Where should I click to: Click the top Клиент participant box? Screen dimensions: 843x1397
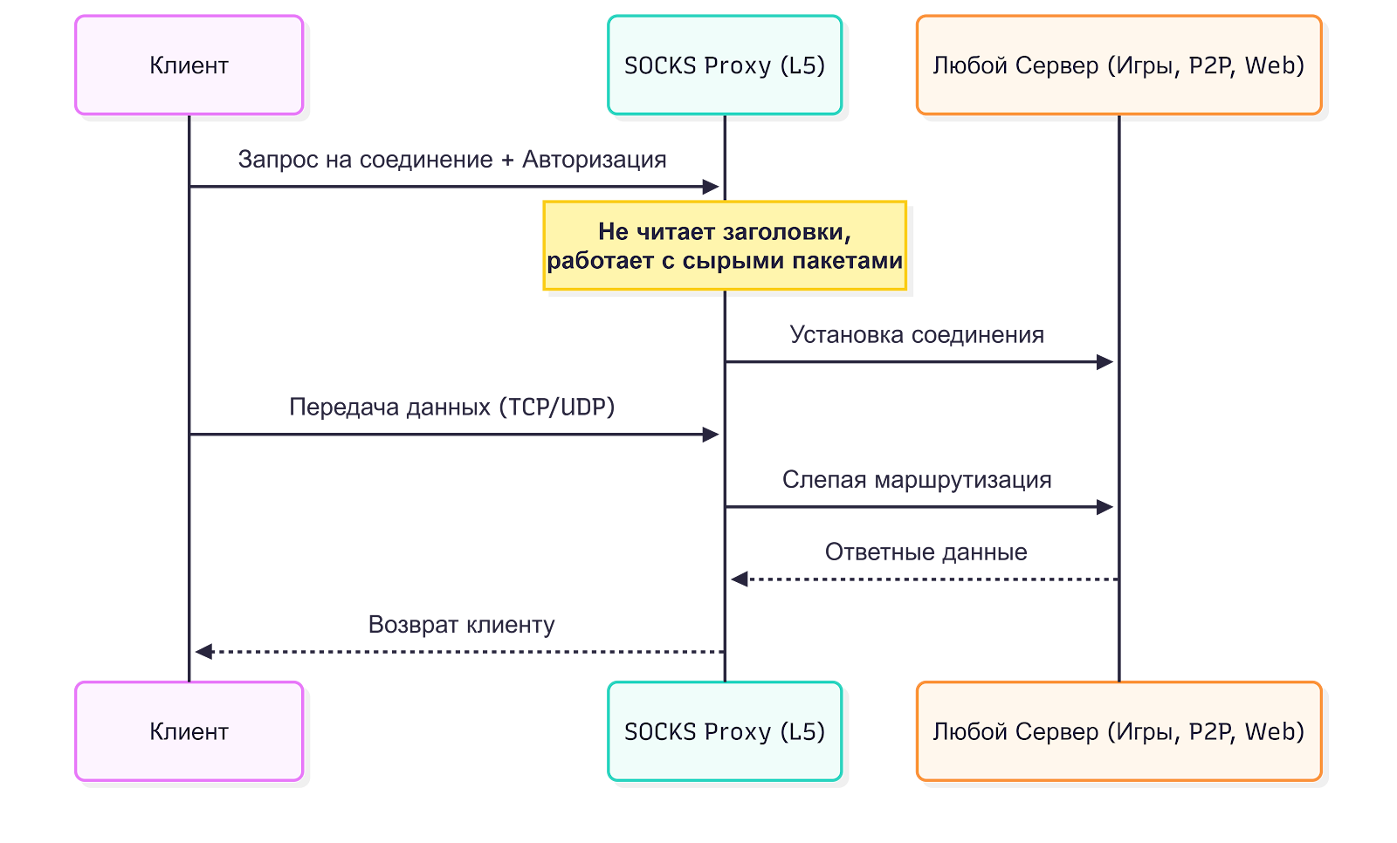189,65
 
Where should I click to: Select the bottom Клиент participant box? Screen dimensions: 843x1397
189,731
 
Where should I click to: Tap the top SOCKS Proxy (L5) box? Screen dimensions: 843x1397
725,65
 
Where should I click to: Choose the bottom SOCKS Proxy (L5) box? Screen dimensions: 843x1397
725,731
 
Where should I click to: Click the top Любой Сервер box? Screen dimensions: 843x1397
1118,65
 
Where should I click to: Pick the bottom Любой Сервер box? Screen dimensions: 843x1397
1118,731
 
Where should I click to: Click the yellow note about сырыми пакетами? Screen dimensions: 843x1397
725,246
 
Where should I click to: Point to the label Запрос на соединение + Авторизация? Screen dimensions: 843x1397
452,160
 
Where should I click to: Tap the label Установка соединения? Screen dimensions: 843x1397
917,335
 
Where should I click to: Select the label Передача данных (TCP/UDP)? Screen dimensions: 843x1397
452,408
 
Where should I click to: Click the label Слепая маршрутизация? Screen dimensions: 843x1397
917,480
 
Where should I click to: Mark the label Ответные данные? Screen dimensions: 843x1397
926,552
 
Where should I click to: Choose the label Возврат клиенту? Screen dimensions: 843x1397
461,625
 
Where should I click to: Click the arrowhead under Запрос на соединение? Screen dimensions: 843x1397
712,187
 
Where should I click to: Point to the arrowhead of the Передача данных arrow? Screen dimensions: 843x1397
712,435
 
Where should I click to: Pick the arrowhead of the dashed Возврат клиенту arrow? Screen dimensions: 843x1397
203,652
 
